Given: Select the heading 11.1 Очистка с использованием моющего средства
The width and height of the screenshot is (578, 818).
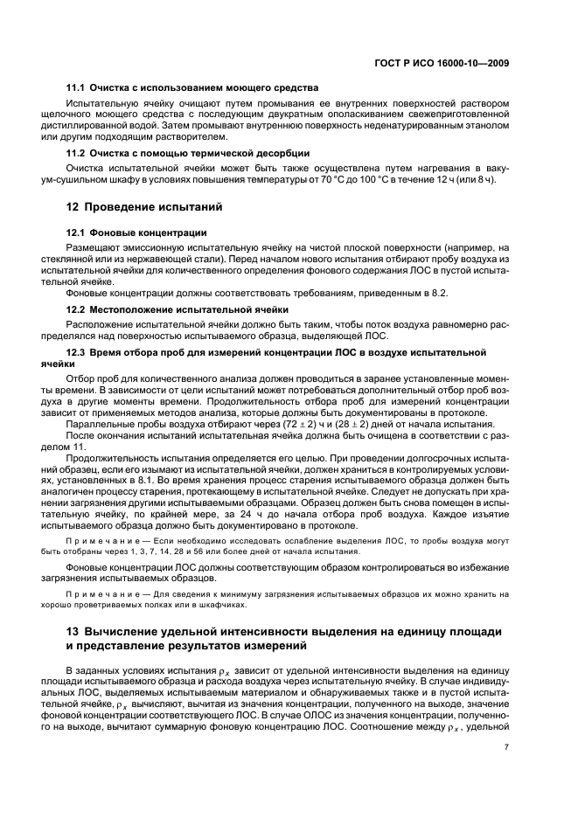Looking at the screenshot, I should tap(192, 88).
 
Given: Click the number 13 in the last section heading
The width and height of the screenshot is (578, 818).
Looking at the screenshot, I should tap(73, 631).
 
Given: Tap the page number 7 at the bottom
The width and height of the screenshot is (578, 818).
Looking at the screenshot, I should tap(507, 746).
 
